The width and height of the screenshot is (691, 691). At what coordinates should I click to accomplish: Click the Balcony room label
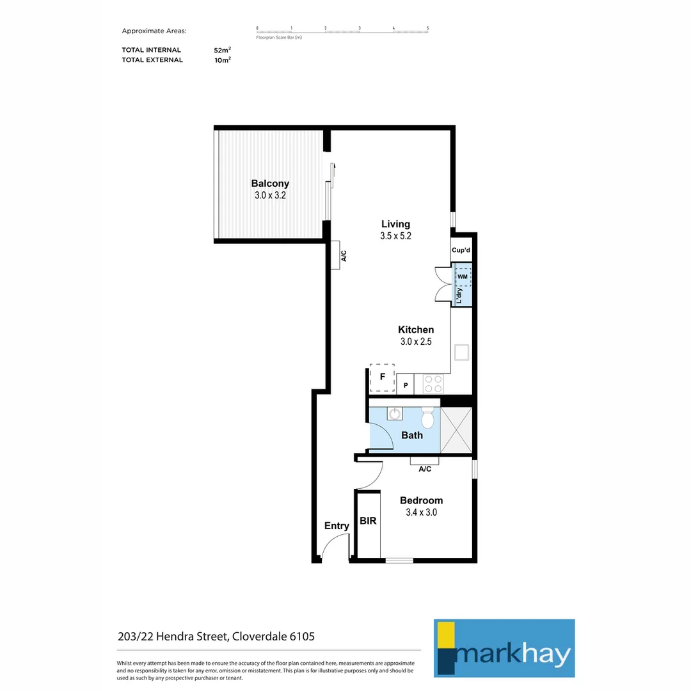click(x=270, y=183)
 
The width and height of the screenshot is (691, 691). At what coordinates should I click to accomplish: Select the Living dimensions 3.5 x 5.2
click(x=395, y=235)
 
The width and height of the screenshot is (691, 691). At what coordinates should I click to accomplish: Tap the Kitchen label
click(x=416, y=330)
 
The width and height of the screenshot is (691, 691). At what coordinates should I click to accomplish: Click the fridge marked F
click(x=383, y=377)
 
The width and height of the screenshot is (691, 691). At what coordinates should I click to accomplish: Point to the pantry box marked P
click(x=405, y=385)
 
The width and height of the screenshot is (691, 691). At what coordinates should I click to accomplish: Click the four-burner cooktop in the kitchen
click(x=433, y=384)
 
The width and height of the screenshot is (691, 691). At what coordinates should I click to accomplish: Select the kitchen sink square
click(x=461, y=353)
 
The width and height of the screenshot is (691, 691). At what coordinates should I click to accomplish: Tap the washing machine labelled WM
click(x=463, y=276)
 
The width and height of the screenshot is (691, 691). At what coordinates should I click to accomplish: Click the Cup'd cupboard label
click(x=461, y=251)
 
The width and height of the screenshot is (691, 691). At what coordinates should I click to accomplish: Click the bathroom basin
click(x=395, y=413)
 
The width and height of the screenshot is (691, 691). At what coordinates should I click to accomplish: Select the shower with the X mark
click(x=457, y=430)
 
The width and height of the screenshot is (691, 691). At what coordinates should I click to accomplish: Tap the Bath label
click(x=412, y=435)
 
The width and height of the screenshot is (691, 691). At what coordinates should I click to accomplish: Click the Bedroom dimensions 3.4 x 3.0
click(x=421, y=512)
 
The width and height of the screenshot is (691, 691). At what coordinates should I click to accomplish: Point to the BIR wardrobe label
click(x=368, y=521)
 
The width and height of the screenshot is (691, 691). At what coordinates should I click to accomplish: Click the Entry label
click(x=337, y=526)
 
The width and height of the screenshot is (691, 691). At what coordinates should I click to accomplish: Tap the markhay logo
click(x=504, y=647)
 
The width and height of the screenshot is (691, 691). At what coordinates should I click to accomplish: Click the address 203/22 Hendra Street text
click(x=216, y=637)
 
